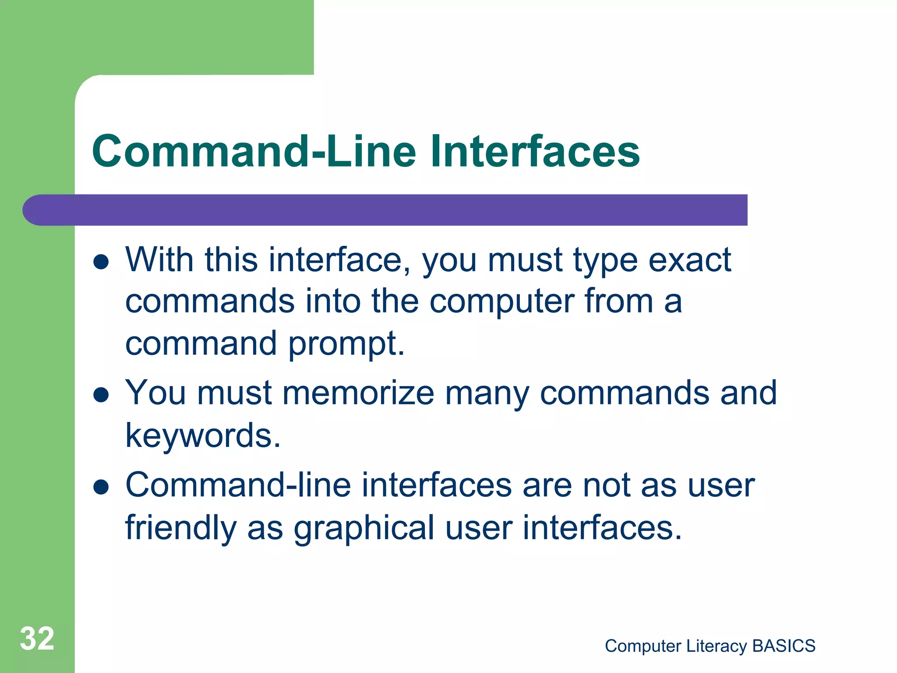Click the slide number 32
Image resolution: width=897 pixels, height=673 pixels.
pyautogui.click(x=37, y=638)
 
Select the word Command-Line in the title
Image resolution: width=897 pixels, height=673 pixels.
pyautogui.click(x=254, y=151)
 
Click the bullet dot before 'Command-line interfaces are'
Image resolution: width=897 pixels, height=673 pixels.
pyautogui.click(x=101, y=487)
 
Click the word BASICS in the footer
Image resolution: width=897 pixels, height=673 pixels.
pyautogui.click(x=784, y=646)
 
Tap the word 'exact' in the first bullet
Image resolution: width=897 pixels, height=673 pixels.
pyautogui.click(x=689, y=260)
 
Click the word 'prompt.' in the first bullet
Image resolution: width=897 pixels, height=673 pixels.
pyautogui.click(x=346, y=344)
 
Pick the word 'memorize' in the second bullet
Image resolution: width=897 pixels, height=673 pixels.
pyautogui.click(x=358, y=393)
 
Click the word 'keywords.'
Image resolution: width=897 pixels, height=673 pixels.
pyautogui.click(x=203, y=436)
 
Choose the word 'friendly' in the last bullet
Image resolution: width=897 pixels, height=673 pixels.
pyautogui.click(x=181, y=528)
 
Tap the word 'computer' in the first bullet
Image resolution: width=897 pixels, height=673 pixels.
pyautogui.click(x=502, y=302)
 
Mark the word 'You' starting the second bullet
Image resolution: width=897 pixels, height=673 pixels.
pyautogui.click(x=155, y=393)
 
